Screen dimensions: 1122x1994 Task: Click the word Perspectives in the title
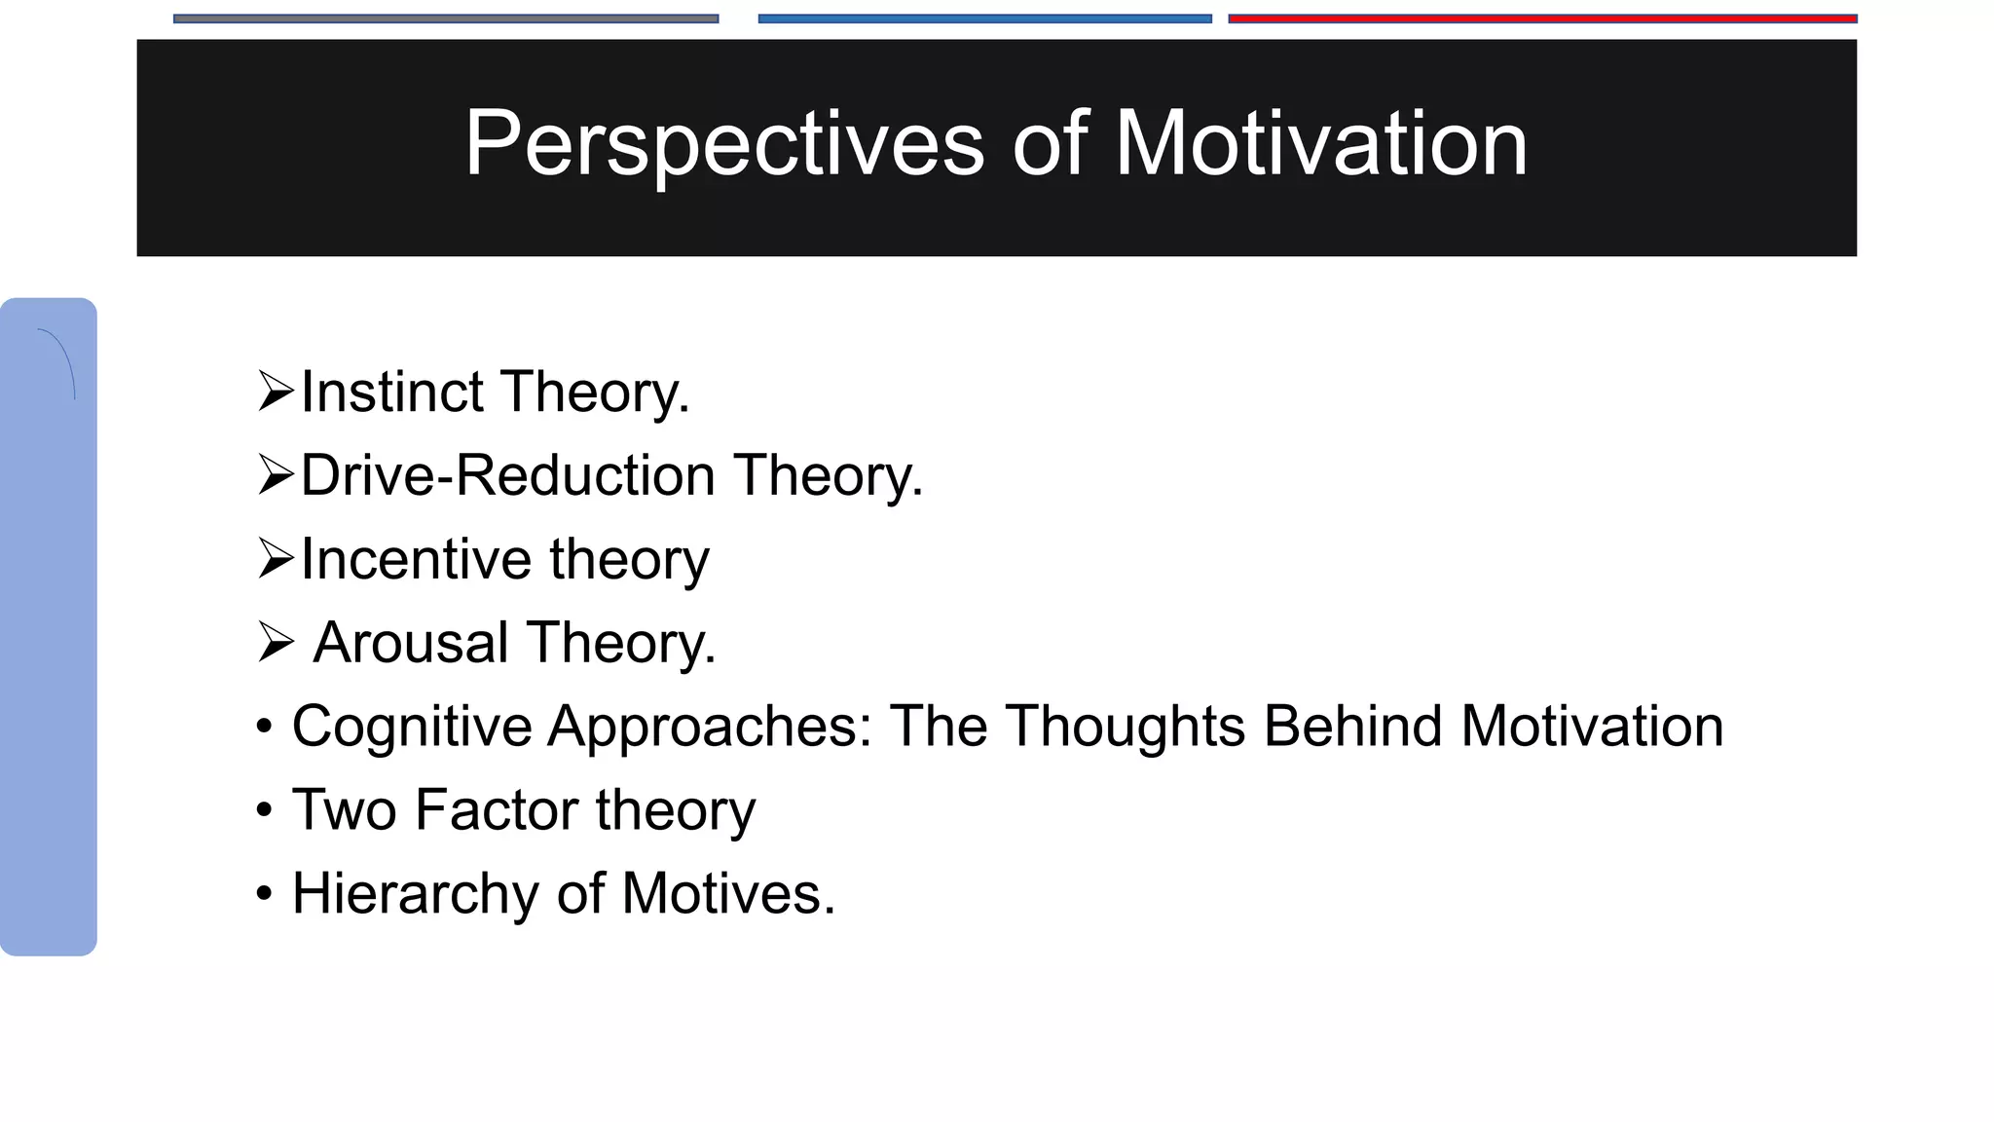(723, 144)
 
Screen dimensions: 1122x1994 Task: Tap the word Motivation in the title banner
(1320, 144)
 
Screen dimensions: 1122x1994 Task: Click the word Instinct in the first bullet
(391, 392)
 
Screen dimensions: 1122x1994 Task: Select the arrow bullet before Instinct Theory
(277, 392)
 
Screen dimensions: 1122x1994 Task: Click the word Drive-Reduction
(507, 475)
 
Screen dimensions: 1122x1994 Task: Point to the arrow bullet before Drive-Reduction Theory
(277, 475)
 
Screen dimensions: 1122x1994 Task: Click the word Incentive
(416, 559)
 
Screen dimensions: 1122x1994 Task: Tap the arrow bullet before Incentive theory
(277, 559)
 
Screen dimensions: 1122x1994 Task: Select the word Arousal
(411, 643)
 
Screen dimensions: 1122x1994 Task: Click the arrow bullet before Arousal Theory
(277, 643)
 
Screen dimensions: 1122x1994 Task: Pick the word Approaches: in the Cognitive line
(711, 727)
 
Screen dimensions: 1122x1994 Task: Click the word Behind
(1352, 727)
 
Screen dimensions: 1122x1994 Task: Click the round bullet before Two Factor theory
(264, 810)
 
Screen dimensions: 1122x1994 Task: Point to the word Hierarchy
(415, 894)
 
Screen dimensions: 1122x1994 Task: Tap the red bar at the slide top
(1542, 19)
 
